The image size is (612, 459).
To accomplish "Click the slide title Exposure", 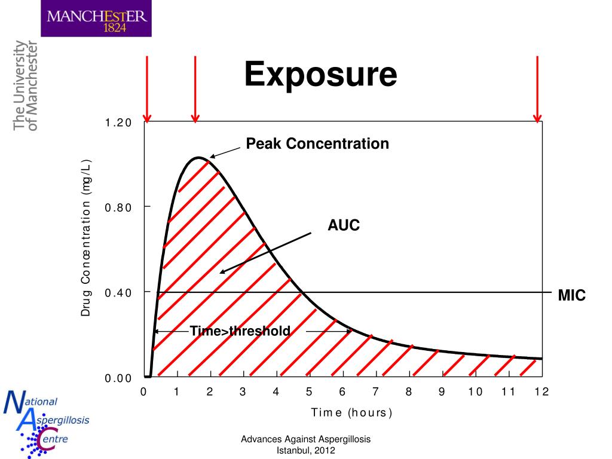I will (x=321, y=75).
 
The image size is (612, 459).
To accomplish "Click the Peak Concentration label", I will (x=317, y=144).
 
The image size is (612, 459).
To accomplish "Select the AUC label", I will (x=344, y=226).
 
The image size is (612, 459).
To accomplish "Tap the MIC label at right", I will (x=571, y=295).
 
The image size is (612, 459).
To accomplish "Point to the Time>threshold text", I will (x=240, y=331).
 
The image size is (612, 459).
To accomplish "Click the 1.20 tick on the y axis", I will (x=118, y=123).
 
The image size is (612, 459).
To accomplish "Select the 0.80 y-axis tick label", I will (x=118, y=207).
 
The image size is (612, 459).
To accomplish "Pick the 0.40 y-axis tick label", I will (x=118, y=293).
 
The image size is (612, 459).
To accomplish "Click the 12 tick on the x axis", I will (x=541, y=392).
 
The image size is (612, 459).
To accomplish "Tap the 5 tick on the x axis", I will (x=309, y=392).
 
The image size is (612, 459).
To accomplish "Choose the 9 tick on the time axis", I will (x=442, y=392).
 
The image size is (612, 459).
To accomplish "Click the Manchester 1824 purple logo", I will (x=96, y=19).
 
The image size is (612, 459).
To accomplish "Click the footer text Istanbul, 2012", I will (x=306, y=451).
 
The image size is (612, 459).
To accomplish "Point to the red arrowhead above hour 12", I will (x=537, y=117).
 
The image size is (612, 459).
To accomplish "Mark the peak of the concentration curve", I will (x=199, y=158).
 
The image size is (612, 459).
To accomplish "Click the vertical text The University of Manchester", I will (x=25, y=85).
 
